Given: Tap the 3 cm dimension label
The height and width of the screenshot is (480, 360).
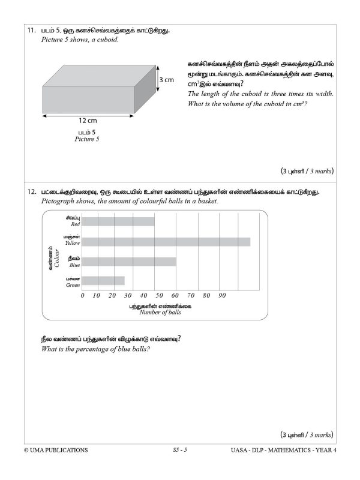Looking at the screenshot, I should [x=166, y=80].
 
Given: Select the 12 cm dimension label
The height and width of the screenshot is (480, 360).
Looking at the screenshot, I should [x=88, y=120].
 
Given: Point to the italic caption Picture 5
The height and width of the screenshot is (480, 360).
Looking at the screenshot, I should [x=87, y=139].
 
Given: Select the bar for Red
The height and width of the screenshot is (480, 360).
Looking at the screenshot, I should [x=118, y=221].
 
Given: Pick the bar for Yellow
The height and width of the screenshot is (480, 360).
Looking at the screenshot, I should [x=166, y=241].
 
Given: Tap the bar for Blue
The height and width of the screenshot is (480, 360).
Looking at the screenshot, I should [x=129, y=261].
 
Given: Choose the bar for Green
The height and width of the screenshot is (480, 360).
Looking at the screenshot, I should [x=103, y=280].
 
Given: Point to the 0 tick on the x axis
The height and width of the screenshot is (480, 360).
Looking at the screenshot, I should [x=82, y=295].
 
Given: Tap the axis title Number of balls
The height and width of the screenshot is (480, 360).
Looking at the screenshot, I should [x=160, y=313].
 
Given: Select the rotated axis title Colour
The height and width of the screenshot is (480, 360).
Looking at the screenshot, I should [x=56, y=256].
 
